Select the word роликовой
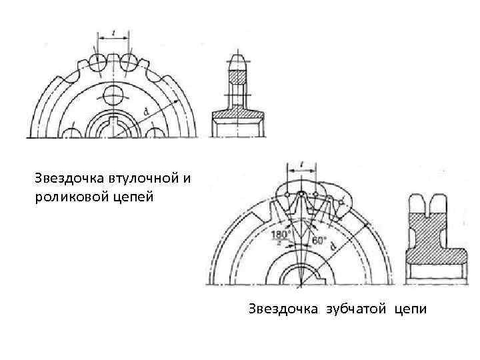click(65, 197)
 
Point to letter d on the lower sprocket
click(333, 245)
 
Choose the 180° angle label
click(280, 234)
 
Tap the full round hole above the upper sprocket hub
click(113, 93)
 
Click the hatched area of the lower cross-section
click(432, 233)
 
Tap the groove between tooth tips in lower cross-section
click(432, 203)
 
